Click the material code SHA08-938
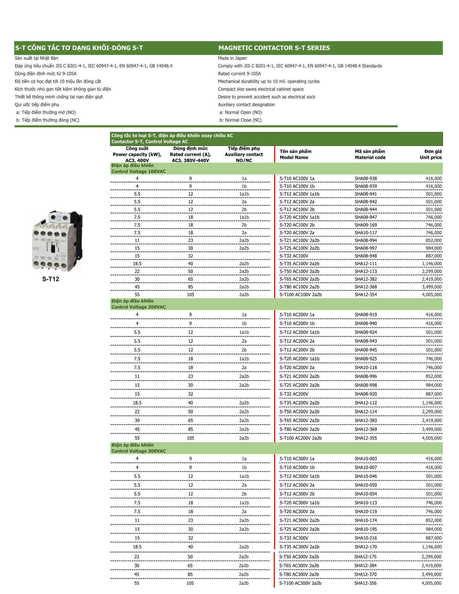(366, 179)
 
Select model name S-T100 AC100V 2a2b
(300, 295)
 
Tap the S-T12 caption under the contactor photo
(50, 279)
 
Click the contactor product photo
(57, 241)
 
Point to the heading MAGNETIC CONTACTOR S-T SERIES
(274, 48)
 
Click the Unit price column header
(430, 154)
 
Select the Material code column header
(370, 154)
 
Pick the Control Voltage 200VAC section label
(138, 307)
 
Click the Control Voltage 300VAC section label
(138, 451)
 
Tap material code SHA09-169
(366, 225)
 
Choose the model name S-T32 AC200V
(294, 394)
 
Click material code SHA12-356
(365, 583)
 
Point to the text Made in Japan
(232, 58)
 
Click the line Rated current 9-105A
(239, 74)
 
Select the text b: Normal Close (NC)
(240, 120)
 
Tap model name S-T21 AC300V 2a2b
(299, 520)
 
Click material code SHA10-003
(366, 459)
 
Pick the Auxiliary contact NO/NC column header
(244, 154)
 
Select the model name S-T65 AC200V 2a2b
(299, 421)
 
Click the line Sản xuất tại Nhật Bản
(36, 58)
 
